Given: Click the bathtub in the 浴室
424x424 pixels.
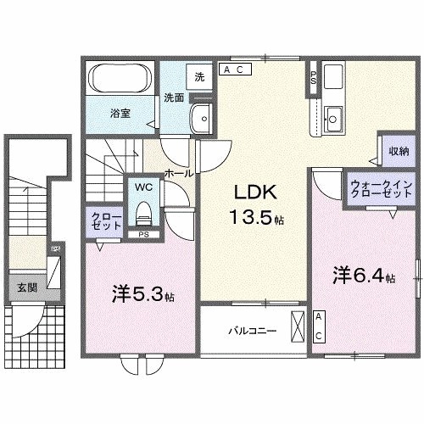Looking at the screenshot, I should point(120,81).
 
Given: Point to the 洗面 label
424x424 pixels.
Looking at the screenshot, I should point(174,98).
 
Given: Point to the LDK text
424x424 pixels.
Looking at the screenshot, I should point(251,192).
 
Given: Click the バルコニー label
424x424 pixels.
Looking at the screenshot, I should point(252,330).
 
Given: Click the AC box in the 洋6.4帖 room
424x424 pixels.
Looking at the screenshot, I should point(318,326).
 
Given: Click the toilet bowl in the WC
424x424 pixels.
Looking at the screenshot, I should point(142,209).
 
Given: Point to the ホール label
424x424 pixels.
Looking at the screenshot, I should point(178,172).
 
